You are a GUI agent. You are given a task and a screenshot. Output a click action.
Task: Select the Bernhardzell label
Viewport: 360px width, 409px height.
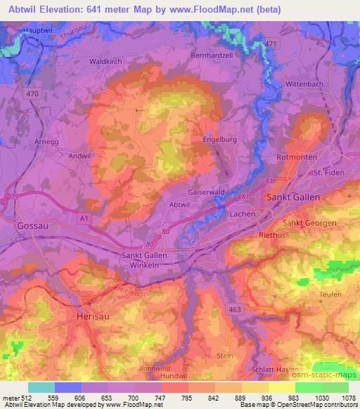point(212,54)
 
